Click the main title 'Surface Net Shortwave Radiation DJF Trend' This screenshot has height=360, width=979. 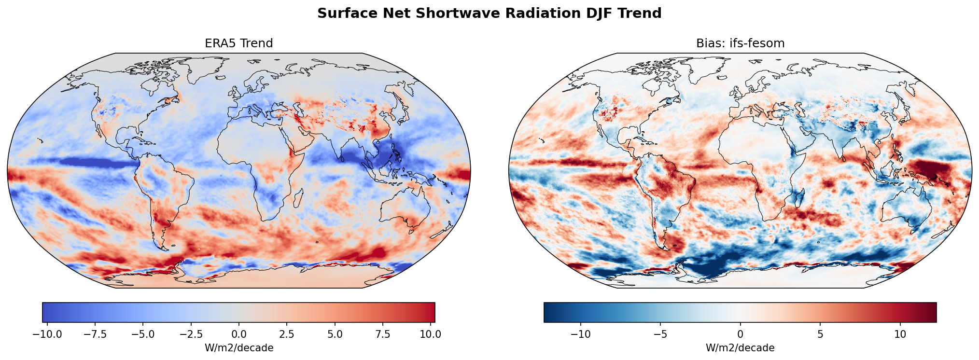pos(489,14)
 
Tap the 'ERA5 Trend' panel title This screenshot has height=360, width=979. pos(238,43)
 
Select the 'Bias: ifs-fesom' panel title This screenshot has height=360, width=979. pos(740,43)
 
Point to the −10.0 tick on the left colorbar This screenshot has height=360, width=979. pos(47,334)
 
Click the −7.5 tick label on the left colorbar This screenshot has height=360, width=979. pos(95,334)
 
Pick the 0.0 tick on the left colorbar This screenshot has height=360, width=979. pos(238,334)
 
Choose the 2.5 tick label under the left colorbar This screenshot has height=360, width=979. pos(287,334)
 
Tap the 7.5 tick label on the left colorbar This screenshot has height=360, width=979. pos(383,334)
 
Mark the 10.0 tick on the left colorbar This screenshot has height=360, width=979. pos(430,334)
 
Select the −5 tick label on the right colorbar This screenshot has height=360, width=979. pos(660,334)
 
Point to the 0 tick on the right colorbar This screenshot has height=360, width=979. pos(740,334)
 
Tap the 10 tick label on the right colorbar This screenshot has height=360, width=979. pos(900,334)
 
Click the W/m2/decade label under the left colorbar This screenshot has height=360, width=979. pos(238,348)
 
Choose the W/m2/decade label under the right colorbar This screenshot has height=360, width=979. pos(740,348)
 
